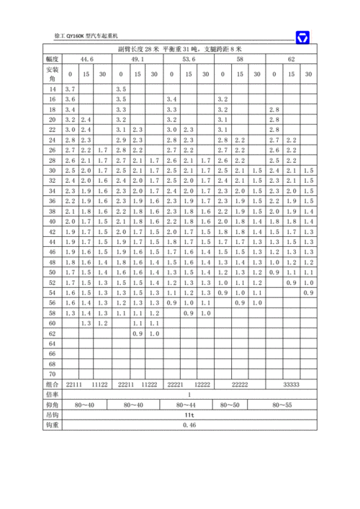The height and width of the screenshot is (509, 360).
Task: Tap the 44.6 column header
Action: (x=86, y=59)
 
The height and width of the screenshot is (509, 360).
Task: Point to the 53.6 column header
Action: (x=189, y=59)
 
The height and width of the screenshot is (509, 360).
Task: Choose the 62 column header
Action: (x=291, y=59)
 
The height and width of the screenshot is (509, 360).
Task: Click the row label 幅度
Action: (x=51, y=59)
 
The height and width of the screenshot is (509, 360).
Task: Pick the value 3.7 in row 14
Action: (x=70, y=87)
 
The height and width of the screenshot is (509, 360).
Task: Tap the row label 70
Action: (x=51, y=374)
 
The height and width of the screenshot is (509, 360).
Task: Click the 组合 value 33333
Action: (x=291, y=385)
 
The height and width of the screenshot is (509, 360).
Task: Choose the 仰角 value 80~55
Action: (x=291, y=405)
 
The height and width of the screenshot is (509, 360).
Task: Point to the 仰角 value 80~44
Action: (x=189, y=405)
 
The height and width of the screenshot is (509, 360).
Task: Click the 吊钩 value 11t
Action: (x=189, y=415)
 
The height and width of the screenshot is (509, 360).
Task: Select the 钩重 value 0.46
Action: (x=189, y=425)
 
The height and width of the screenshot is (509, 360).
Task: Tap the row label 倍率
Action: (x=51, y=395)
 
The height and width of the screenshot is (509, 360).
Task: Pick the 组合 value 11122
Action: (x=99, y=385)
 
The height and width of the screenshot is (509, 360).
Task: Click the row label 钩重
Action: (x=51, y=425)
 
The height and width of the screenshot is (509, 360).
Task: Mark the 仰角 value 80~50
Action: (x=240, y=405)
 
